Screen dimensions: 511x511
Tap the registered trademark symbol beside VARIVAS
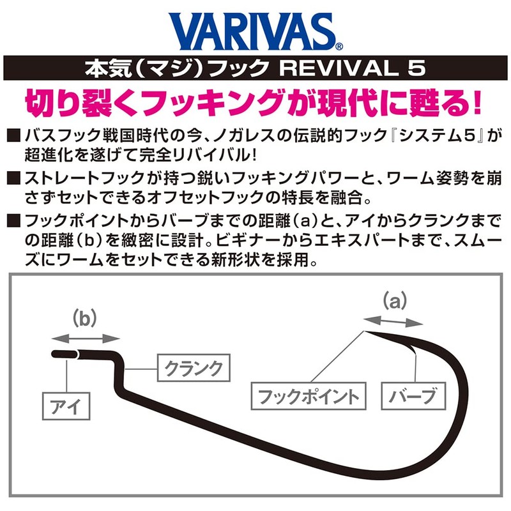(x=339, y=46)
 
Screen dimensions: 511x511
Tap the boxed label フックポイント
(x=307, y=396)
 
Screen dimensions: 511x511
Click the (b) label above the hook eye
(x=84, y=317)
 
